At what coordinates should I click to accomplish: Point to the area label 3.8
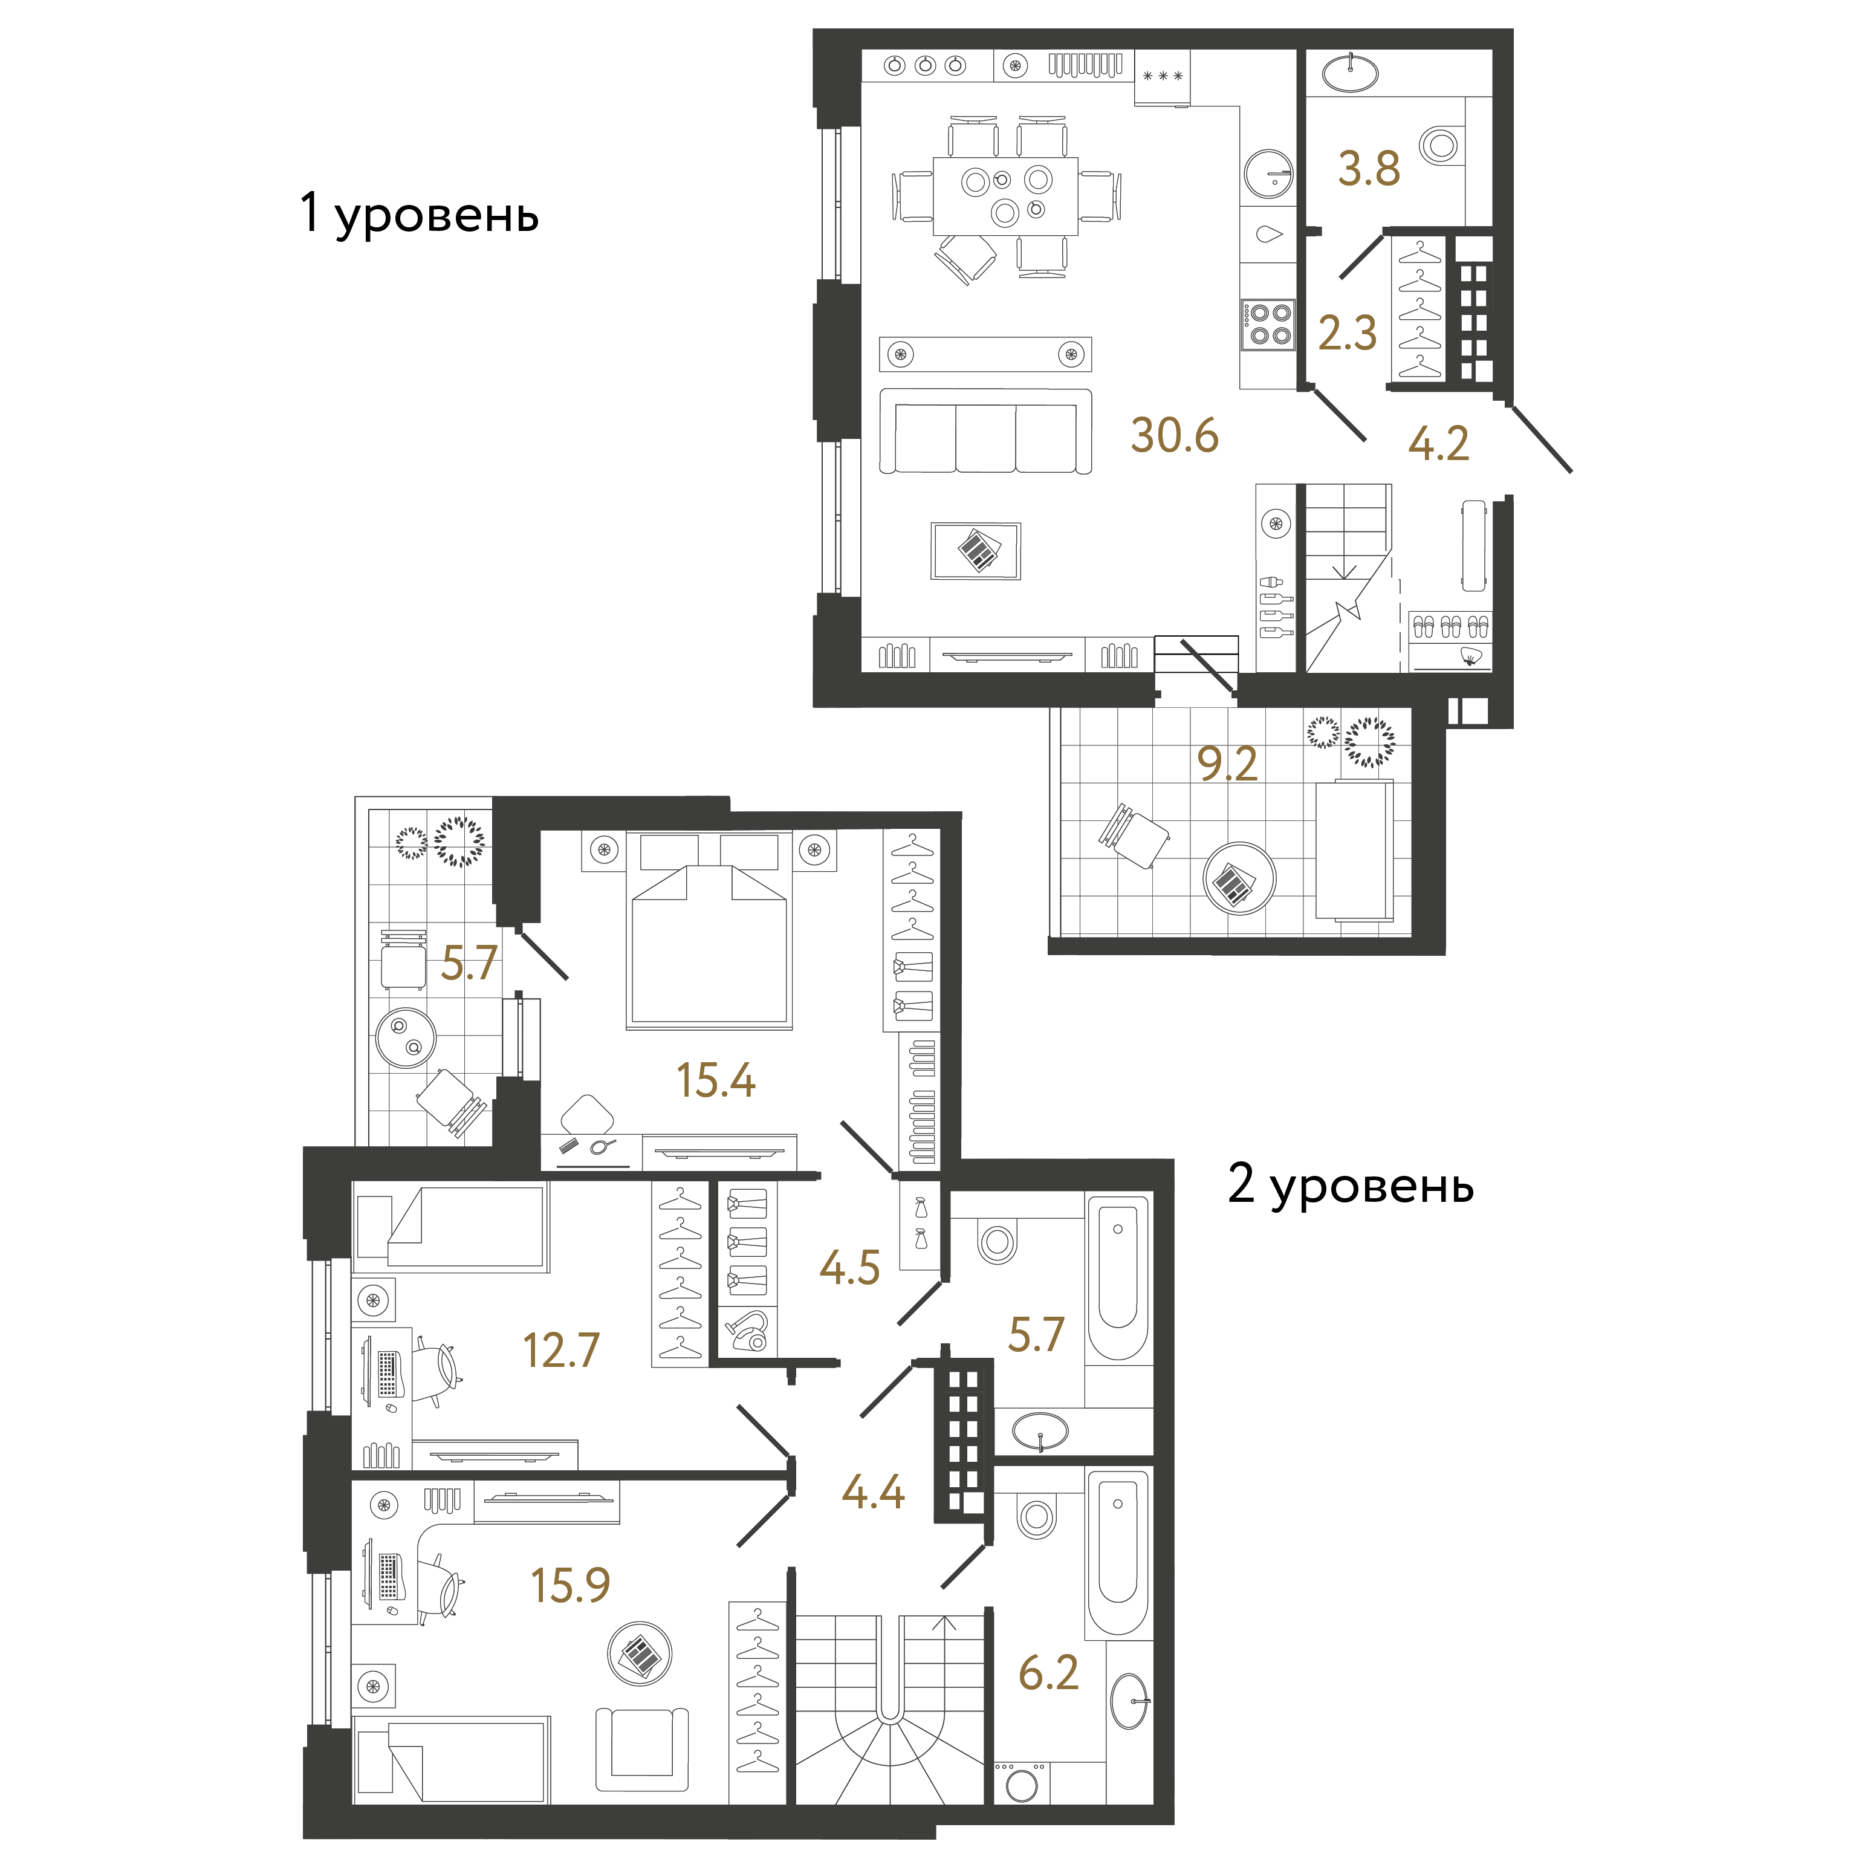click(x=1369, y=169)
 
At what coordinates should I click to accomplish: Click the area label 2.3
click(x=1347, y=333)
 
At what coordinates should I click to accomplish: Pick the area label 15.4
click(x=716, y=1080)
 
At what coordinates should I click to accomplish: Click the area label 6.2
click(x=1049, y=1673)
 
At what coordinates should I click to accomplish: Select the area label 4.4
click(x=874, y=1491)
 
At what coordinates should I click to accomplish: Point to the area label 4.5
click(x=849, y=1268)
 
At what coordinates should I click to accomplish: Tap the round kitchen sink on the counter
click(x=1268, y=174)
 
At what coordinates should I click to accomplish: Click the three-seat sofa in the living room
click(x=985, y=431)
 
